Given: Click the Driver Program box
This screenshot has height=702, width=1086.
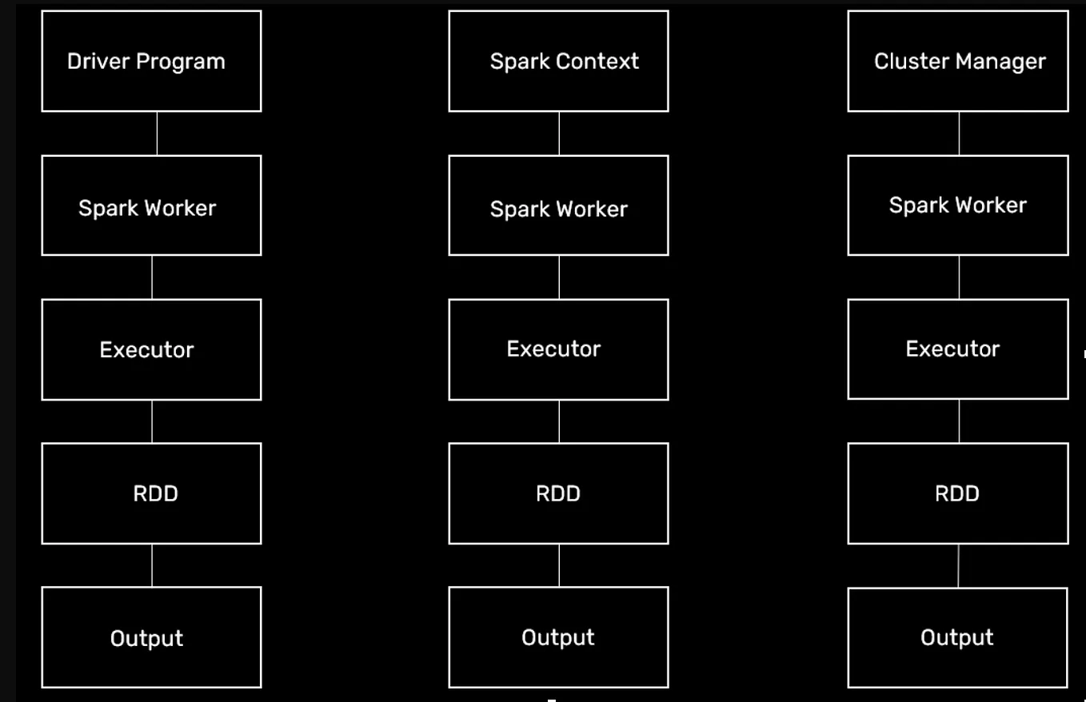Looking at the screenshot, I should tap(151, 62).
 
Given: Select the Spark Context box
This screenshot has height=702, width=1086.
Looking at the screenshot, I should tap(558, 62).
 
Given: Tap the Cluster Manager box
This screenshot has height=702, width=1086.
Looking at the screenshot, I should tap(957, 62).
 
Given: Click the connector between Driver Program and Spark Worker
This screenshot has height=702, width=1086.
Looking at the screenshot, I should tap(157, 134).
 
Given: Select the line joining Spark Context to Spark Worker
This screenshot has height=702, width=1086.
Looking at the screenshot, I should tap(559, 134).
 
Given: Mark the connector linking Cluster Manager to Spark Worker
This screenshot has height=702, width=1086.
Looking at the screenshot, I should tap(959, 134).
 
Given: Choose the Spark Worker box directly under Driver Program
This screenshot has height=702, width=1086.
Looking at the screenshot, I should tap(151, 206).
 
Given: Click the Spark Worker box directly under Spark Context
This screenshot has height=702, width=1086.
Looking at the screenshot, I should tap(558, 206).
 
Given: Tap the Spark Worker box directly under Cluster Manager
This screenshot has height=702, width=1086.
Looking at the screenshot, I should tap(957, 206).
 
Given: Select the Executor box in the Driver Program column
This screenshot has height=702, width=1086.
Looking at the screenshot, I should tap(151, 349).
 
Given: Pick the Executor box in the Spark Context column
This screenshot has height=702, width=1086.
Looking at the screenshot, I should tap(558, 349).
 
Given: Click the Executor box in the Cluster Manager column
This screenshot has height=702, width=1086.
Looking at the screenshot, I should tap(957, 349).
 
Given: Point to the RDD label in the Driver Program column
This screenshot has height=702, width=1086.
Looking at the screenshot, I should tap(155, 493).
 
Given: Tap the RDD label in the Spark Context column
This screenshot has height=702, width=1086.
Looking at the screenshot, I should tap(557, 493).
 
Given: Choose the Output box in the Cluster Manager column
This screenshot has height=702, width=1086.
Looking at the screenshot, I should tap(957, 637).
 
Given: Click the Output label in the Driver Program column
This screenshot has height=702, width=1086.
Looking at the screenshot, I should tap(146, 638).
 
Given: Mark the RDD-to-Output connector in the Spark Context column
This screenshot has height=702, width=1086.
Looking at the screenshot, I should tap(559, 565).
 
